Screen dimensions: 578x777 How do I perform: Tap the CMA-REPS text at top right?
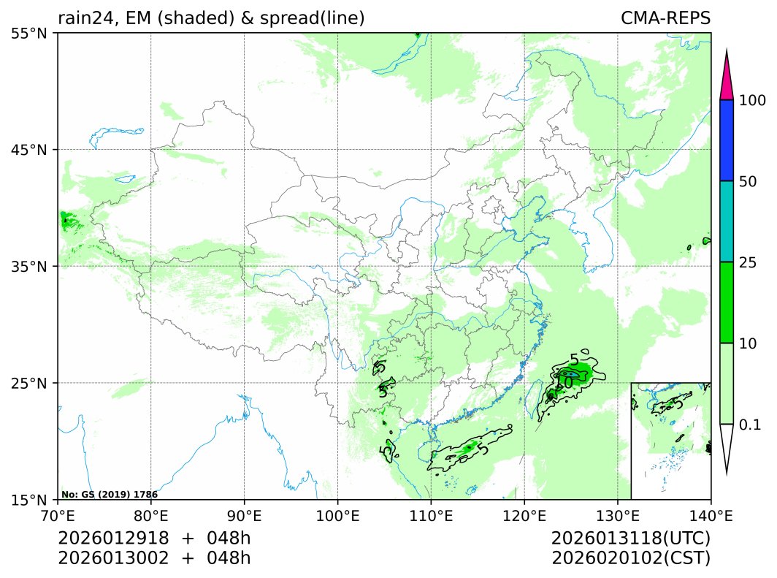click(665, 18)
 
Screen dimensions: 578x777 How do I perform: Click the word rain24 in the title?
click(83, 18)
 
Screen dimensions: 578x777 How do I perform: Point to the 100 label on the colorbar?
click(752, 100)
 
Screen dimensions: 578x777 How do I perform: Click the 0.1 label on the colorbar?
click(751, 425)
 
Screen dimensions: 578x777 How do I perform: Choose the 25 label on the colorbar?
click(749, 262)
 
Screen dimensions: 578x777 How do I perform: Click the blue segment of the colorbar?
click(726, 140)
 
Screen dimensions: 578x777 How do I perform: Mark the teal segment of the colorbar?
click(726, 221)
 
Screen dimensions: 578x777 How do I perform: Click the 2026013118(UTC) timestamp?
click(631, 539)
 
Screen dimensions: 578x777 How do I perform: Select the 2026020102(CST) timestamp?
click(631, 558)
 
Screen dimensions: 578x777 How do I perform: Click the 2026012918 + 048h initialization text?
click(154, 539)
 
